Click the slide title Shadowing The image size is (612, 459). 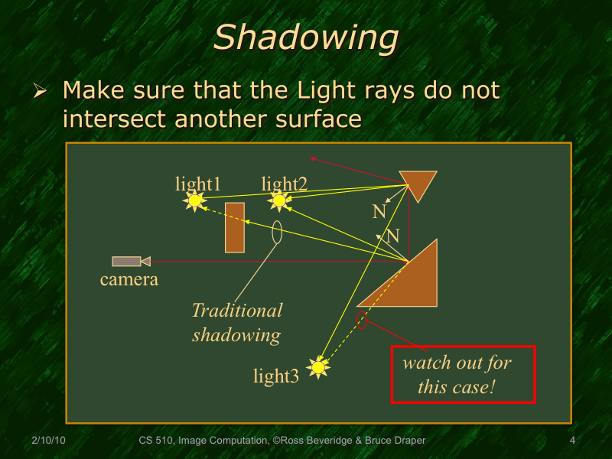point(305,37)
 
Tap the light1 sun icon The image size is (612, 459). point(195,201)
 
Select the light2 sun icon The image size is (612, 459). point(279,201)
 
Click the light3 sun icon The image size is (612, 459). point(318,368)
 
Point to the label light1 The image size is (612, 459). point(198,184)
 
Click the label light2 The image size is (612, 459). point(284,184)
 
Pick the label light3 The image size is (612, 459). point(276,376)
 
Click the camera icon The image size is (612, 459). point(131,262)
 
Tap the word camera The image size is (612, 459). point(129,280)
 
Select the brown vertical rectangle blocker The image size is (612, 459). point(235,227)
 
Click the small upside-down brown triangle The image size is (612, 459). point(418,184)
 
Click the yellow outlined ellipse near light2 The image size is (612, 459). point(276,233)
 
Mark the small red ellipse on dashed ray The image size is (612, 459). point(362,320)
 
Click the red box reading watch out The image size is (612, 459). point(463,374)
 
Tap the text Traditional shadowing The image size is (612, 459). point(236,322)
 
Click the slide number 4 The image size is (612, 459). point(572,441)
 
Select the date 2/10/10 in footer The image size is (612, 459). point(48,441)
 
